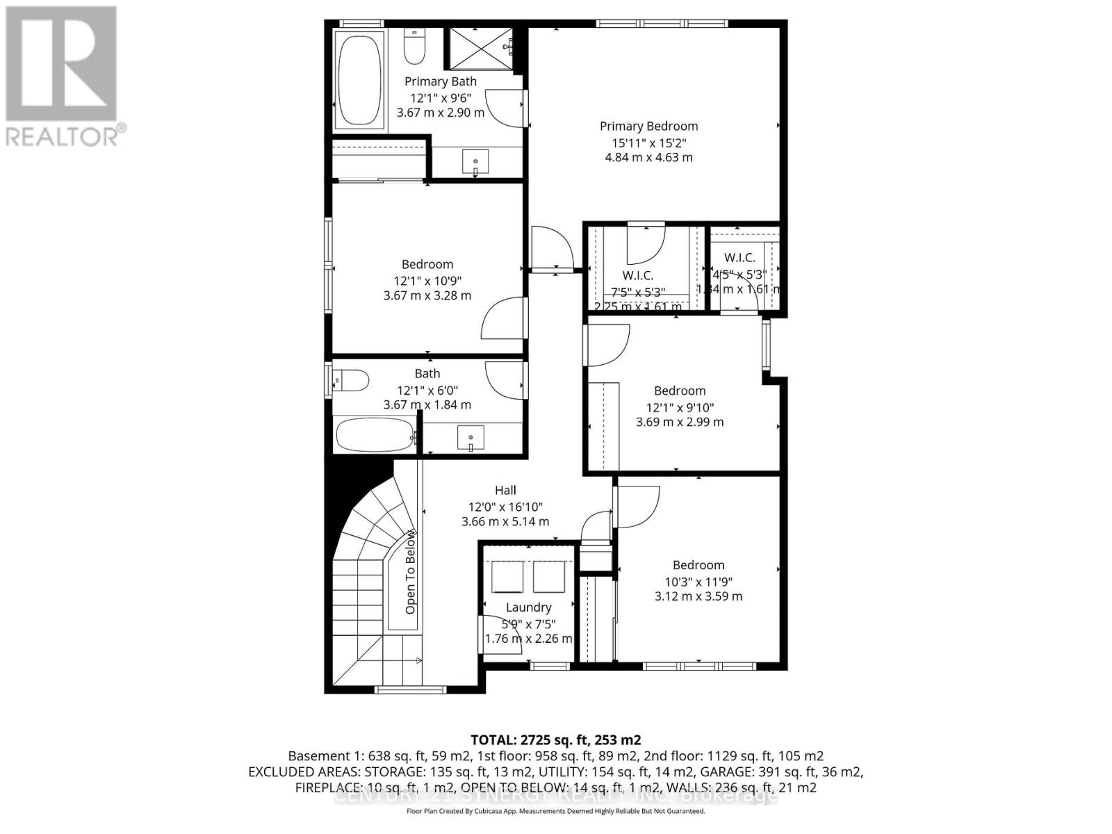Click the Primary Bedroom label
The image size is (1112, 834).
[648, 126]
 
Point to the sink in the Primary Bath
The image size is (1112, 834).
[476, 163]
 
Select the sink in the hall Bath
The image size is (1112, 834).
[471, 438]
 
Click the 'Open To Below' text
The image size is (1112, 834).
[410, 572]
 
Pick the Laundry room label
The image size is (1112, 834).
[528, 607]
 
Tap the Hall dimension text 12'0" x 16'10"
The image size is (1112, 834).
[505, 507]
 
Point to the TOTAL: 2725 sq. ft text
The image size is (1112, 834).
[555, 739]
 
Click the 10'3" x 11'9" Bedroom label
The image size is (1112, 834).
[698, 565]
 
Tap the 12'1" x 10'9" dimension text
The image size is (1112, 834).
[427, 281]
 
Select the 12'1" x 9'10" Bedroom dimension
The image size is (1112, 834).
[680, 407]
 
